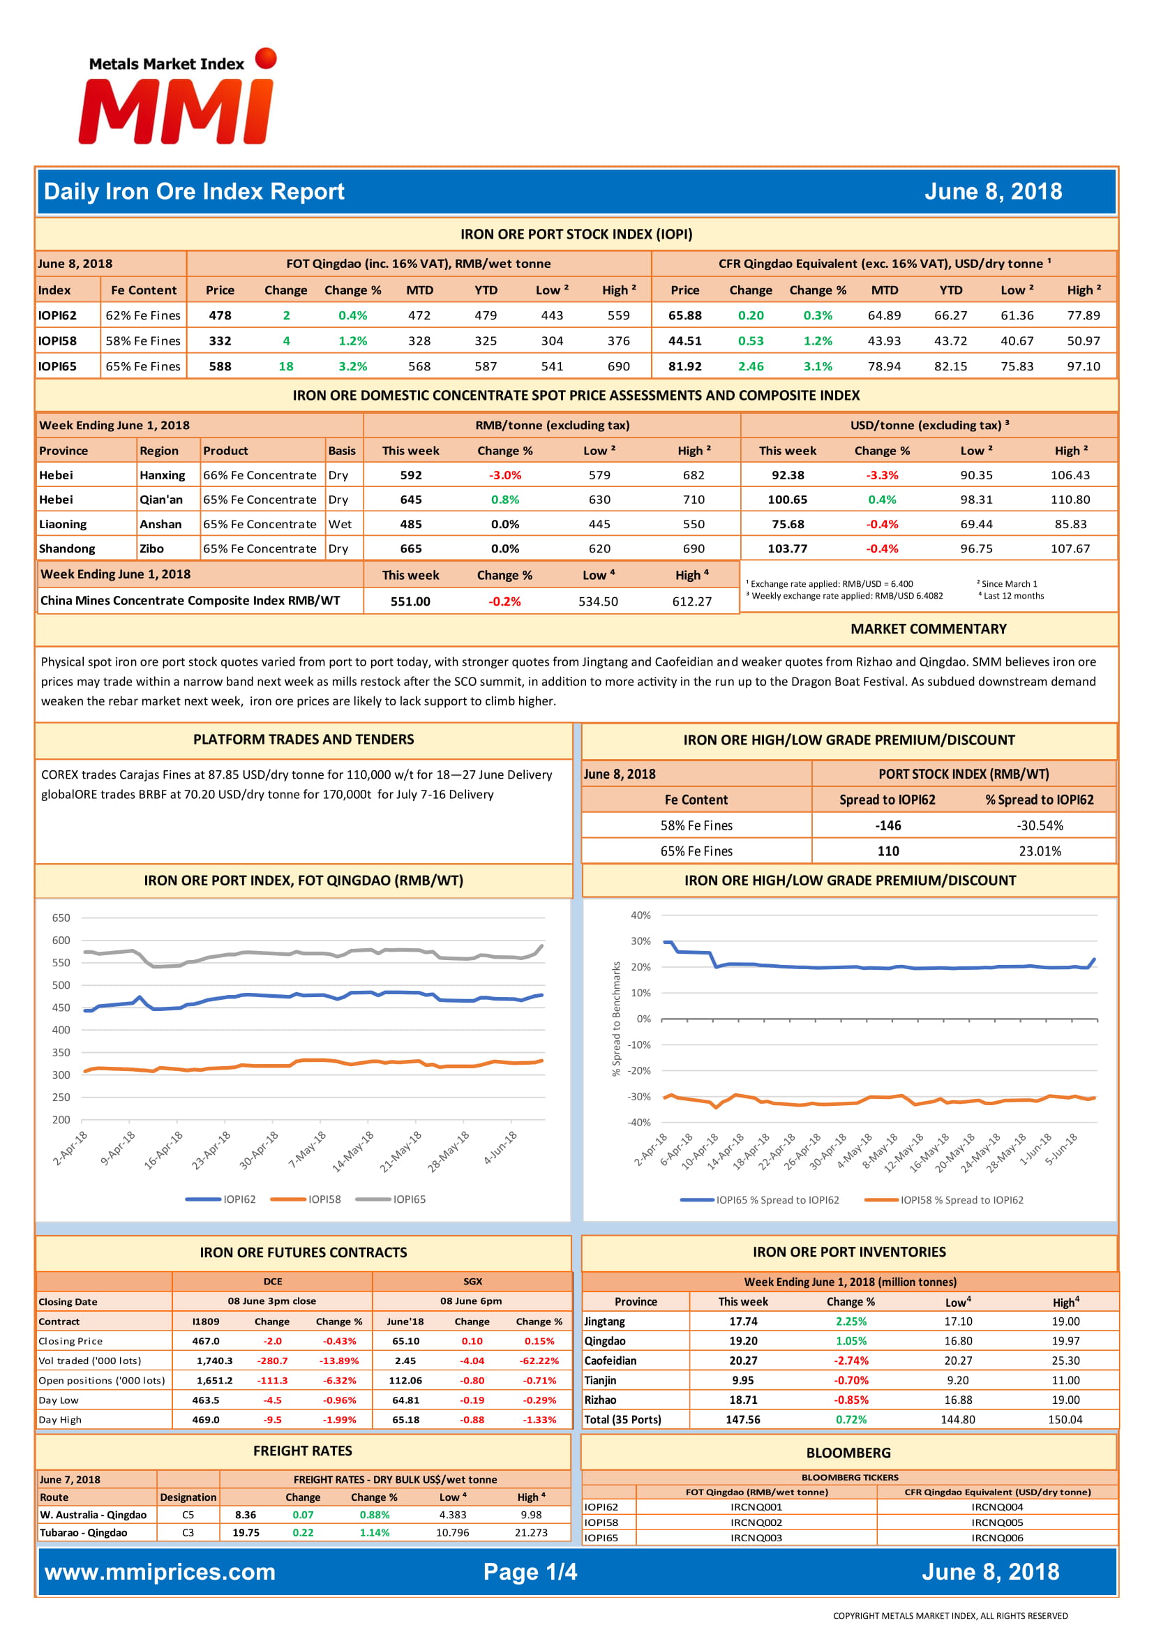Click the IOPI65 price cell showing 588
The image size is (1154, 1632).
[220, 366]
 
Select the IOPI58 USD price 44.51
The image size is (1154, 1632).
[685, 340]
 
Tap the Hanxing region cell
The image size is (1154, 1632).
[162, 475]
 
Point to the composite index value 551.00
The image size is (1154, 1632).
[411, 601]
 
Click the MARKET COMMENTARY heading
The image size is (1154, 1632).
[928, 629]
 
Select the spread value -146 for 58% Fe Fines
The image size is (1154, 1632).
[888, 825]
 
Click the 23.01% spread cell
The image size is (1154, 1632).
[1040, 851]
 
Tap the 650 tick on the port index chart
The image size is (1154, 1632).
[61, 918]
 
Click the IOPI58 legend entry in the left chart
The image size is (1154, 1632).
[306, 1199]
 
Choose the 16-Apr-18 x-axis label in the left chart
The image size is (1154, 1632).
[164, 1150]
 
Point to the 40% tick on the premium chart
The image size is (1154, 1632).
[640, 915]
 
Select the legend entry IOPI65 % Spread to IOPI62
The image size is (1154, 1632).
[759, 1200]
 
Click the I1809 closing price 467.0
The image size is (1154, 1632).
[206, 1340]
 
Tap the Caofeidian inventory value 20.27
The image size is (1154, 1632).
[743, 1361]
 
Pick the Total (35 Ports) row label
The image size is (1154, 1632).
[622, 1419]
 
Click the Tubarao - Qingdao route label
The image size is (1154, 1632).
[84, 1532]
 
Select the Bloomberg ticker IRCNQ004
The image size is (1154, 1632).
[997, 1507]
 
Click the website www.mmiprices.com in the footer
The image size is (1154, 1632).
[160, 1571]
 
